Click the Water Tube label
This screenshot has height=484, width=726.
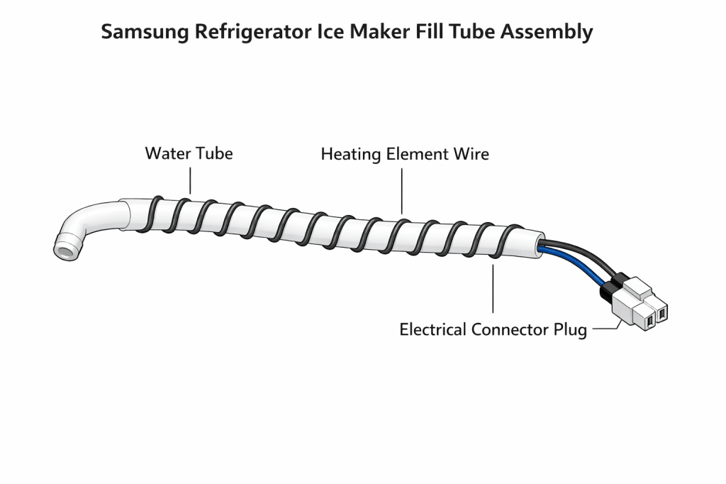189,153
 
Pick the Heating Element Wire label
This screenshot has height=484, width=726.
405,153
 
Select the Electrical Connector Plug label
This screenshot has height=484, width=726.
493,330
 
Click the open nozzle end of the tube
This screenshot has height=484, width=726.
67,250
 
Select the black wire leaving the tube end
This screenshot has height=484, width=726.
578,251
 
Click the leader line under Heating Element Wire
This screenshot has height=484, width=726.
402,188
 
